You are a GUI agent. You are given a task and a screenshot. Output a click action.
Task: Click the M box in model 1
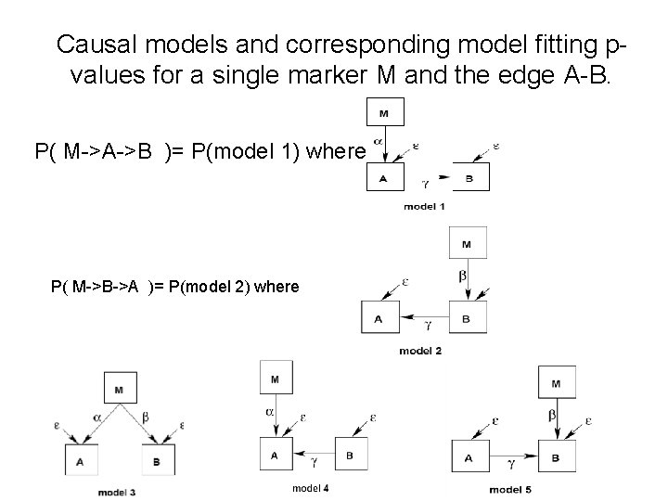click(x=384, y=114)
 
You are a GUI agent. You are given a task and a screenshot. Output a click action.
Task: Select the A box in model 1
click(x=384, y=176)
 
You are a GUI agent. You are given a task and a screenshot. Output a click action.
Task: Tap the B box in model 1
click(x=470, y=176)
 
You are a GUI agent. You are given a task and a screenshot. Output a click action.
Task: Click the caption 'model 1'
click(x=424, y=205)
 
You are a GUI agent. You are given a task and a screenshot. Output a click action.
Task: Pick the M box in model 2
click(x=466, y=244)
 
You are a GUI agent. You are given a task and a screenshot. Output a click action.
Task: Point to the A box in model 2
click(x=379, y=317)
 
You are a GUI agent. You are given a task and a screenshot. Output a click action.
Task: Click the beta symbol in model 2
click(x=463, y=276)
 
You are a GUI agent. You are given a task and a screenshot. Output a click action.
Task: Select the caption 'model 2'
click(x=420, y=350)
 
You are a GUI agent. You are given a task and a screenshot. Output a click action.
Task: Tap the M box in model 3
click(x=119, y=390)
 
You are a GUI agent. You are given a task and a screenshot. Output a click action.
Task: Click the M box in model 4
click(x=275, y=379)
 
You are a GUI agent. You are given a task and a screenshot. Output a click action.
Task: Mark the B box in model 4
click(x=349, y=455)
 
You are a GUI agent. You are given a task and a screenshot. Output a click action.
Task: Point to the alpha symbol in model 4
click(x=269, y=409)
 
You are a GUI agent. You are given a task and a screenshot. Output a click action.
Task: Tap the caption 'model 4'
click(x=310, y=488)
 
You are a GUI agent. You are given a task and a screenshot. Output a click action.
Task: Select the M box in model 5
click(x=555, y=382)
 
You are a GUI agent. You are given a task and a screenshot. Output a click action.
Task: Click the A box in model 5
click(x=469, y=457)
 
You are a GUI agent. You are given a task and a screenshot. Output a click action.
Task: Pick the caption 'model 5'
click(x=510, y=489)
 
